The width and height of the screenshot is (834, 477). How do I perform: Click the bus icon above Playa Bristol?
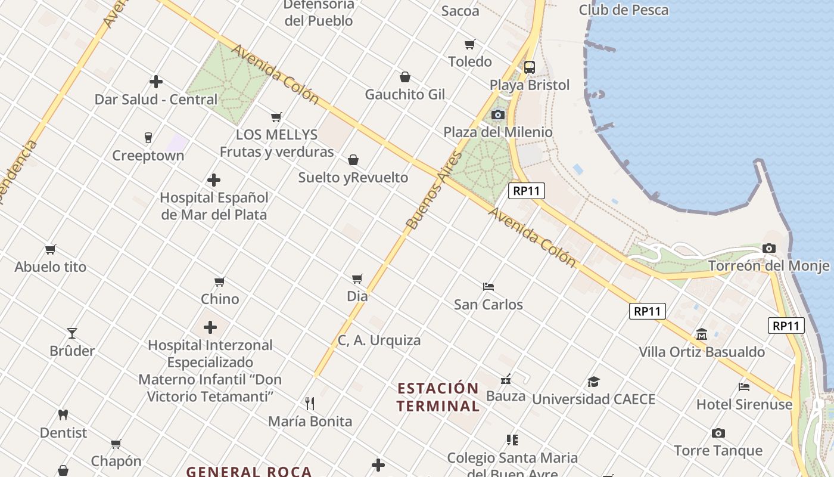coord(529,67)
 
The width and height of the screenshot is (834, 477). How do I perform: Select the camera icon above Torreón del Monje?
coord(769,248)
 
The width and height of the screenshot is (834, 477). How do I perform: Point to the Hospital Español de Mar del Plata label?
coord(214,206)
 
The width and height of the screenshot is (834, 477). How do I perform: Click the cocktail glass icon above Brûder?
coord(72,333)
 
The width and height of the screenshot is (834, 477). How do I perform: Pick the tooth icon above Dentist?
coord(63,414)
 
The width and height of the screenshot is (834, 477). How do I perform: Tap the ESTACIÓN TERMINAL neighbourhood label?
coord(438,397)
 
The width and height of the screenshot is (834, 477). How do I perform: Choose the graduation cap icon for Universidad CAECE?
coord(593,382)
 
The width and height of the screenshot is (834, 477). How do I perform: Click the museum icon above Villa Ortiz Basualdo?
coord(702,334)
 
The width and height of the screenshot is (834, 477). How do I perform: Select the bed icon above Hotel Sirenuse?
coord(744,386)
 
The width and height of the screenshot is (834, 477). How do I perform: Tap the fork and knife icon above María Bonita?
coord(310,404)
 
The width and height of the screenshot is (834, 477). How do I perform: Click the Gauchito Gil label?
coord(405,94)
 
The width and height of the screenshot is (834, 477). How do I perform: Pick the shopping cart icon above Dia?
coord(357,278)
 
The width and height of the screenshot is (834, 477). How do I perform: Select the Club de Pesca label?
coord(624,10)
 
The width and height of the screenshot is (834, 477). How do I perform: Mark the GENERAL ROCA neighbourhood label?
coord(249,472)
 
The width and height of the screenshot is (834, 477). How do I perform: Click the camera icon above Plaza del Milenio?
coord(497,114)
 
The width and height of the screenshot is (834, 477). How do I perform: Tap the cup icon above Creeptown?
coord(148,138)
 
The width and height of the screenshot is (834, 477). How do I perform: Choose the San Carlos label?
coord(488,305)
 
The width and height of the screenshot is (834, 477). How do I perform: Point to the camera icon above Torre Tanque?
coord(718,433)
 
